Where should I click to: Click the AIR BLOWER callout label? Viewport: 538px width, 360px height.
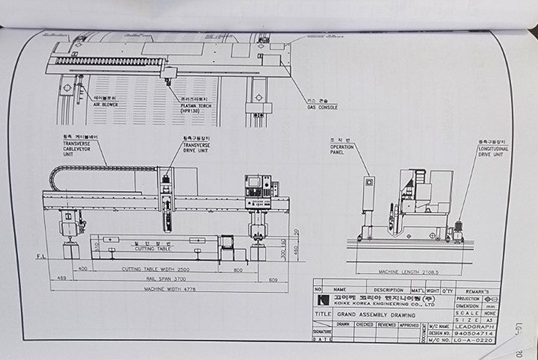pos(106,104)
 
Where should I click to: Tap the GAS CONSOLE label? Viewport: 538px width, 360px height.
pos(322,106)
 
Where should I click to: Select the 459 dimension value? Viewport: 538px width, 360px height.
pos(61,278)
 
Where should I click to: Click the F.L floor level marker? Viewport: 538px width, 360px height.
pos(41,257)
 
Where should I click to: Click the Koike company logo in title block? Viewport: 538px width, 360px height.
pos(324,300)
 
